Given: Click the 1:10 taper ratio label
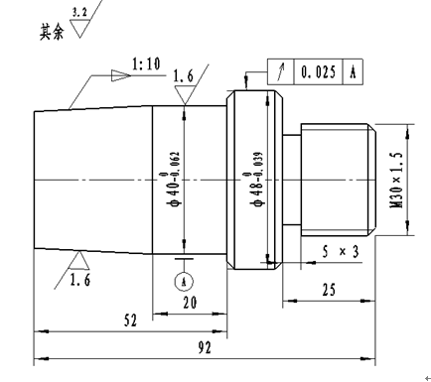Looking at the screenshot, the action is coord(146,64).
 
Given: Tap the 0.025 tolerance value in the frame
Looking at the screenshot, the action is coord(318,71).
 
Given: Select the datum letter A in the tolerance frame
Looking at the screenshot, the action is coord(353,71).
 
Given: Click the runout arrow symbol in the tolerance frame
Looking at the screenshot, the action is coord(281,71).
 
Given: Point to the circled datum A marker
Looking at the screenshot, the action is coord(184,282).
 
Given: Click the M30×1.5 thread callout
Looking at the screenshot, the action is coord(397,180).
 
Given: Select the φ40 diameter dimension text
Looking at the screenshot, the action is coord(174,179).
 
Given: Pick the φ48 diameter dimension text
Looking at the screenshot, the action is coord(256,179).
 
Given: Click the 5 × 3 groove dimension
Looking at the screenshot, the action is coord(341,252).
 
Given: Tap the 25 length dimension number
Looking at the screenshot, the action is coord(329,290).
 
